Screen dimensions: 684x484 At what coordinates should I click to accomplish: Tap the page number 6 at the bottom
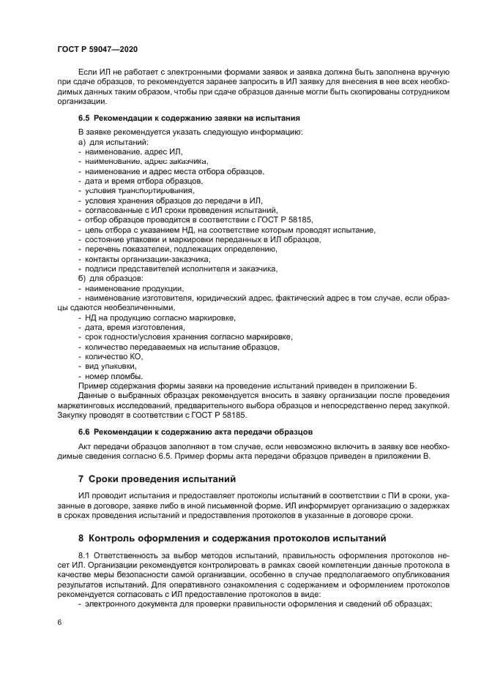[x=59, y=621]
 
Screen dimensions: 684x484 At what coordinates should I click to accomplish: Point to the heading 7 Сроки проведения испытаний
[x=157, y=480]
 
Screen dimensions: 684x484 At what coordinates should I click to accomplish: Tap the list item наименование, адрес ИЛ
[x=128, y=151]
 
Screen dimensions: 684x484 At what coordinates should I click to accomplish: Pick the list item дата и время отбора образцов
[x=143, y=180]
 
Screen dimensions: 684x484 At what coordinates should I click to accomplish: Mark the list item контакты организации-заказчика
[x=147, y=259]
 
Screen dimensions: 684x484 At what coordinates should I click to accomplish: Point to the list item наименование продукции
[x=133, y=288]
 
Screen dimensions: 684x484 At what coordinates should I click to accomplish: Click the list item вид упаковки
[x=111, y=366]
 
